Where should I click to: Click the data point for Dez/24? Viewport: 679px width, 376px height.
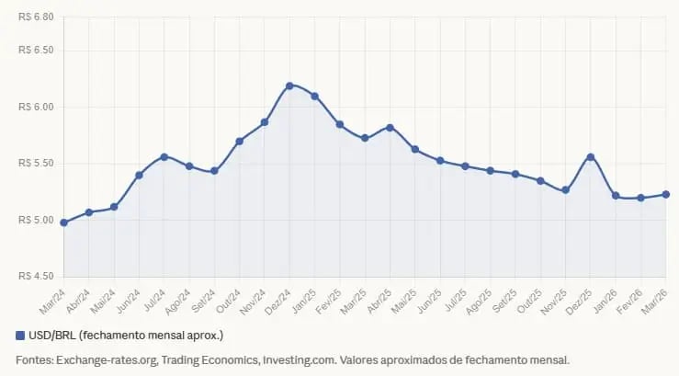pos(289,85)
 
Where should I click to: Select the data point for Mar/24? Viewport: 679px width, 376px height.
pos(63,222)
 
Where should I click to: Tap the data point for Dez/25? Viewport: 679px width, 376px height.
pos(590,157)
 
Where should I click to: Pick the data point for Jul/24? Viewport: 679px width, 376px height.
pos(164,157)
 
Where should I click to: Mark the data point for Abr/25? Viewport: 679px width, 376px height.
pos(390,127)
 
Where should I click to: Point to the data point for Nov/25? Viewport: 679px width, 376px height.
pos(565,190)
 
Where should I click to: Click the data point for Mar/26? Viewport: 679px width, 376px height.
pos(665,194)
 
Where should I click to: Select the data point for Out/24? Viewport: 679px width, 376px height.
pos(239,141)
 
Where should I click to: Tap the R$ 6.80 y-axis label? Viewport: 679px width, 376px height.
pos(36,17)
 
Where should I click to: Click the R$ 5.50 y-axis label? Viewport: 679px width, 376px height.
pos(36,163)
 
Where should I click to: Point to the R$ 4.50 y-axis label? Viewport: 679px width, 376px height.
pos(36,276)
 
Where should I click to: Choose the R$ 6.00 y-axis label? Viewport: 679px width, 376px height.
pos(36,107)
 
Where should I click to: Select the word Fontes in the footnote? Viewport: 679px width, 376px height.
pos(34,359)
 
